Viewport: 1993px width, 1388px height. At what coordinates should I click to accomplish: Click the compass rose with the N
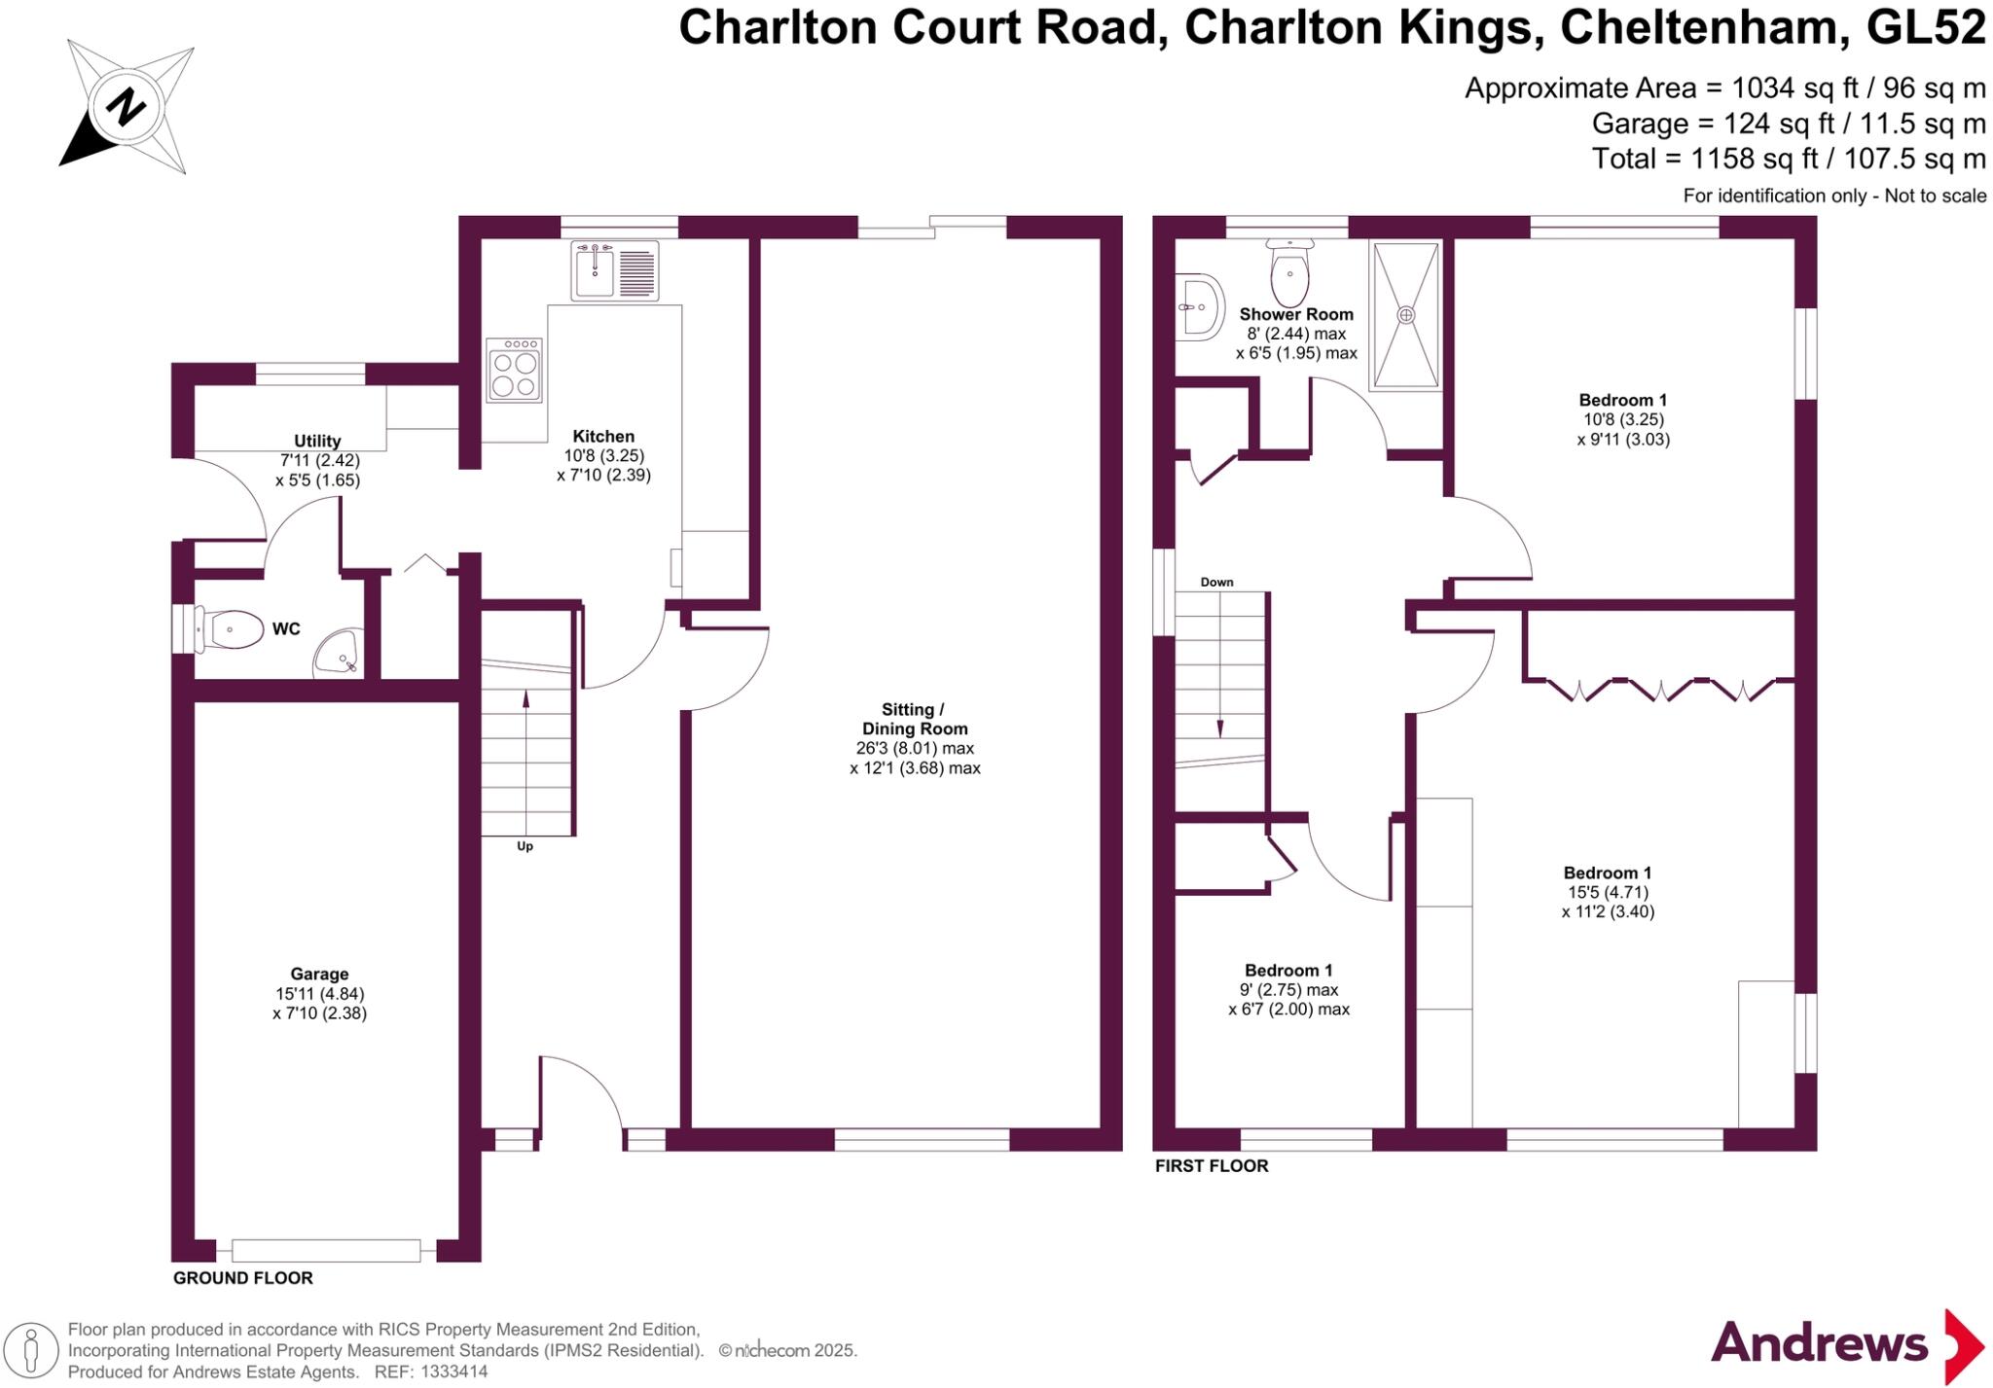(125, 106)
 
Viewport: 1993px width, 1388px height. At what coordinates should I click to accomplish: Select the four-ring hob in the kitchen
(514, 371)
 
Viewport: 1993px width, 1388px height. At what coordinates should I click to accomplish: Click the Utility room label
(317, 441)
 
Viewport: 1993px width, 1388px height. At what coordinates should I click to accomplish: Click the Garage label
(319, 974)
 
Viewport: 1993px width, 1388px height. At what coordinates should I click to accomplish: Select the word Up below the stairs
(525, 846)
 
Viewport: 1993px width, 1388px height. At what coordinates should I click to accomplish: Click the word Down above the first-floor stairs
(1216, 582)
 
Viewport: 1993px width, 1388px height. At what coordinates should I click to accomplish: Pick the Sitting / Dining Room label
(914, 719)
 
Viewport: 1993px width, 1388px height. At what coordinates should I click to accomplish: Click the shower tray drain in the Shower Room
(1405, 315)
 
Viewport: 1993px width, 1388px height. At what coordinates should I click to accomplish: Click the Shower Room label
(1295, 314)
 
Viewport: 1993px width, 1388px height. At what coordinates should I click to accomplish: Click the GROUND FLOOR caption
(242, 1278)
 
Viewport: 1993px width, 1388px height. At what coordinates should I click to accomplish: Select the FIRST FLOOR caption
(1212, 1165)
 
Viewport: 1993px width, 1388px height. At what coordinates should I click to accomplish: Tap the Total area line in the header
(1788, 158)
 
